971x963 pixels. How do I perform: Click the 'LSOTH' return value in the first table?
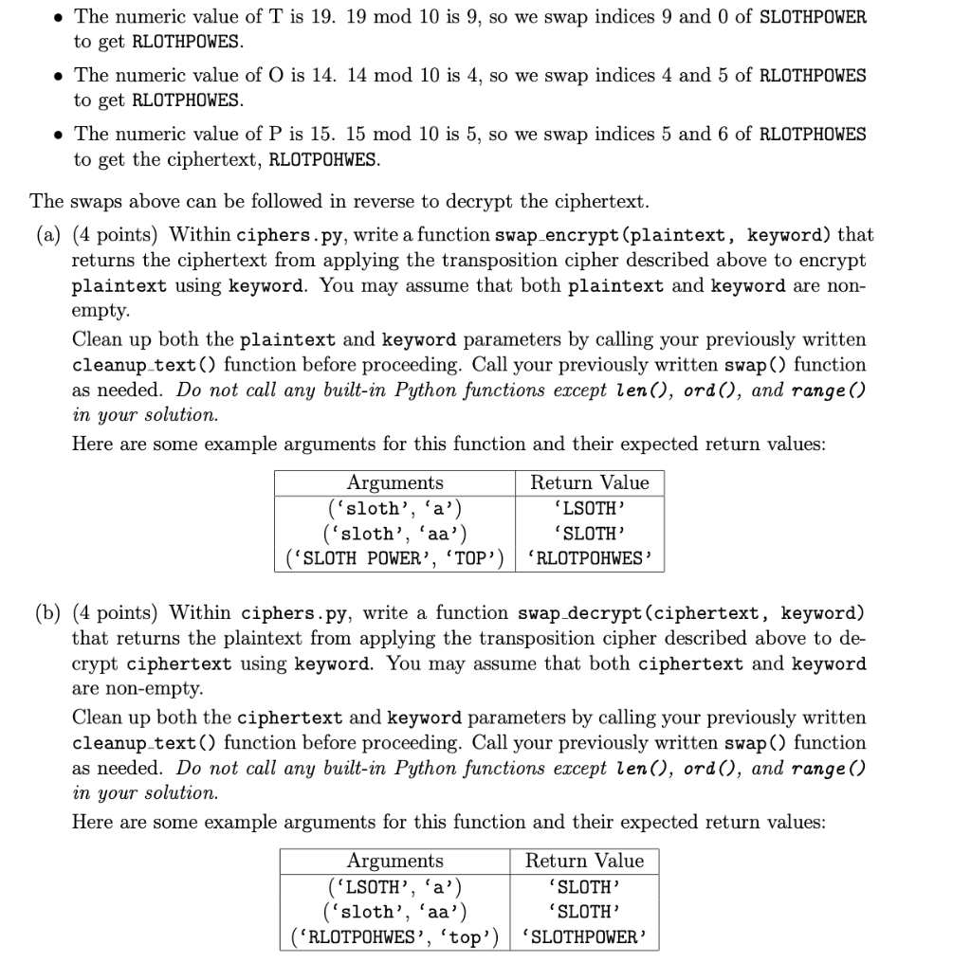pyautogui.click(x=589, y=509)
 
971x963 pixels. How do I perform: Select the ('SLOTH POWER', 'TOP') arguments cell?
pyautogui.click(x=394, y=558)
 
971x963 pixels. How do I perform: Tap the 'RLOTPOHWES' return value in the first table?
pyautogui.click(x=589, y=558)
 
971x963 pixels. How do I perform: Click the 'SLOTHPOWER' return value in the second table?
pyautogui.click(x=584, y=937)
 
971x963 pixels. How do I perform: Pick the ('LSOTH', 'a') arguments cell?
pyautogui.click(x=394, y=887)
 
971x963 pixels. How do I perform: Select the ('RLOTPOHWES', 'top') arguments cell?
pyautogui.click(x=394, y=937)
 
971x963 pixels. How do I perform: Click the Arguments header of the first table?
pyautogui.click(x=394, y=482)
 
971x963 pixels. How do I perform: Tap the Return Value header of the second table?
pyautogui.click(x=584, y=861)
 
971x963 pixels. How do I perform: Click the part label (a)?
pyautogui.click(x=47, y=234)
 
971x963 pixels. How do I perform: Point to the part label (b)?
pyautogui.click(x=47, y=613)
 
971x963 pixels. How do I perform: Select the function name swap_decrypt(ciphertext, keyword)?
pyautogui.click(x=691, y=613)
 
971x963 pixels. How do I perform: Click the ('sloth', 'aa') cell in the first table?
pyautogui.click(x=394, y=534)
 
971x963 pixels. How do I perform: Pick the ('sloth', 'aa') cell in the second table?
pyautogui.click(x=394, y=912)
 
